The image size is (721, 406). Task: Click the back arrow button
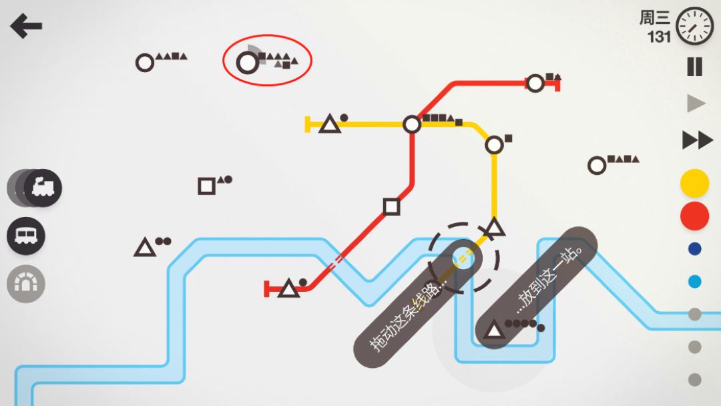pyautogui.click(x=26, y=26)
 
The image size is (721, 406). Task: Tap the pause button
pyautogui.click(x=694, y=67)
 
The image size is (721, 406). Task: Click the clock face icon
pyautogui.click(x=694, y=26)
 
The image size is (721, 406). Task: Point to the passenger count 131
pyautogui.click(x=659, y=36)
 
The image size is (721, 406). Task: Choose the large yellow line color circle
pyautogui.click(x=694, y=184)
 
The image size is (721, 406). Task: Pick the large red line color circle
pyautogui.click(x=694, y=216)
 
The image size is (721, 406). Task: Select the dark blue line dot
pyautogui.click(x=694, y=249)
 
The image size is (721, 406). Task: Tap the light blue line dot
pyautogui.click(x=694, y=281)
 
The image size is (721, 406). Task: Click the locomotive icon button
pyautogui.click(x=42, y=188)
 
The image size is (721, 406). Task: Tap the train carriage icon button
pyautogui.click(x=26, y=236)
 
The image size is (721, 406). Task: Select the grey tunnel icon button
pyautogui.click(x=26, y=284)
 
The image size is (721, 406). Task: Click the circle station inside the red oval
pyautogui.click(x=248, y=63)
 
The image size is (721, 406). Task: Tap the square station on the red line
pyautogui.click(x=391, y=207)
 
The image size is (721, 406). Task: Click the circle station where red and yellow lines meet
pyautogui.click(x=411, y=124)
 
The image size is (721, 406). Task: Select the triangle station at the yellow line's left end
pyautogui.click(x=330, y=124)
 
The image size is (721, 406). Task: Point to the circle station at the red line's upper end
pyautogui.click(x=535, y=83)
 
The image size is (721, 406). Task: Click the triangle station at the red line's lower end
pyautogui.click(x=289, y=288)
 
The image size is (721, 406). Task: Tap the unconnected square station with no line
pyautogui.click(x=206, y=186)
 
